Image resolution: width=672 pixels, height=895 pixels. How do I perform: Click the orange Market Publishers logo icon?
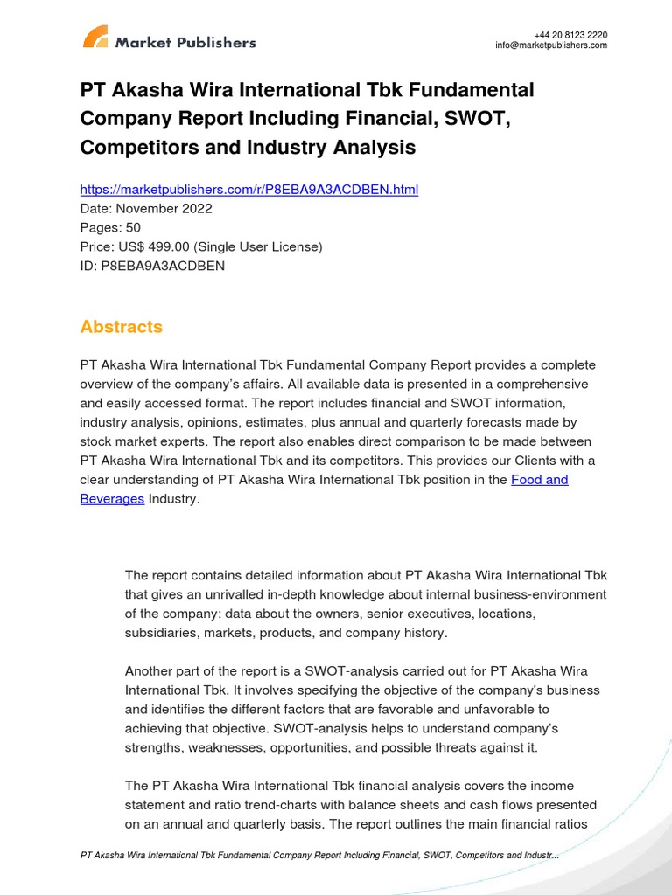coord(95,37)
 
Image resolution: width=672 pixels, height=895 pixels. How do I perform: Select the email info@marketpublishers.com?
coord(550,46)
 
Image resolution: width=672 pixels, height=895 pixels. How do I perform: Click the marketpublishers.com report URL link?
coord(248,190)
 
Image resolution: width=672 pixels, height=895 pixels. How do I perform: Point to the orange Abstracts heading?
coord(121,327)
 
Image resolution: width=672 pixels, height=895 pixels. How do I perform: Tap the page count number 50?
coord(132,228)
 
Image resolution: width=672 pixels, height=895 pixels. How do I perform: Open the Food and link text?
coord(539,480)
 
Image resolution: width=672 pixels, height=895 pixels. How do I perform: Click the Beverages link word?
coord(112,499)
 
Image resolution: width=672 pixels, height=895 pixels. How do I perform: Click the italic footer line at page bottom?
coord(319,855)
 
